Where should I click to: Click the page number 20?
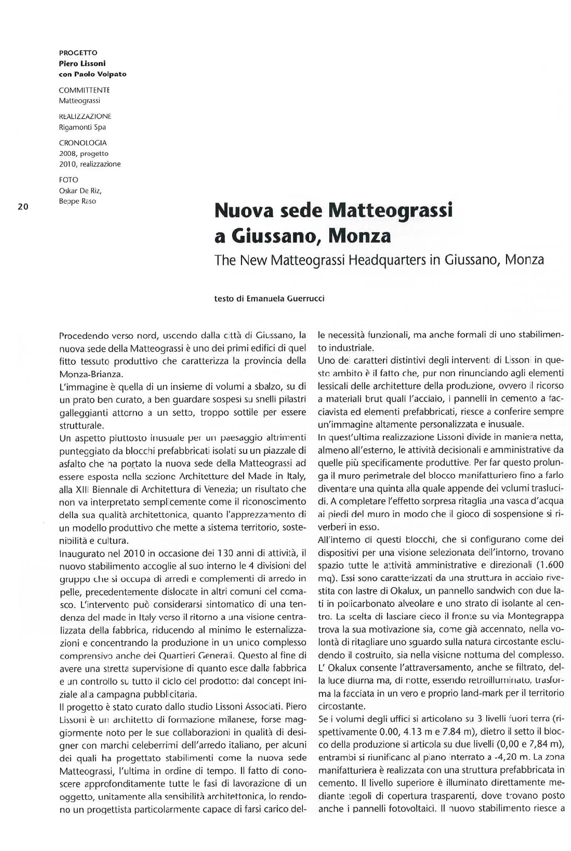[23, 206]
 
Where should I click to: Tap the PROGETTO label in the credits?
[78, 53]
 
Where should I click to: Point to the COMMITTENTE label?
[84, 90]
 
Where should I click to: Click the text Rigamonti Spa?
[82, 127]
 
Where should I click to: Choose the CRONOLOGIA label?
[83, 143]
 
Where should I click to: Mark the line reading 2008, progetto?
[83, 154]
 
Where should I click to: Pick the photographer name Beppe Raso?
[77, 201]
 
